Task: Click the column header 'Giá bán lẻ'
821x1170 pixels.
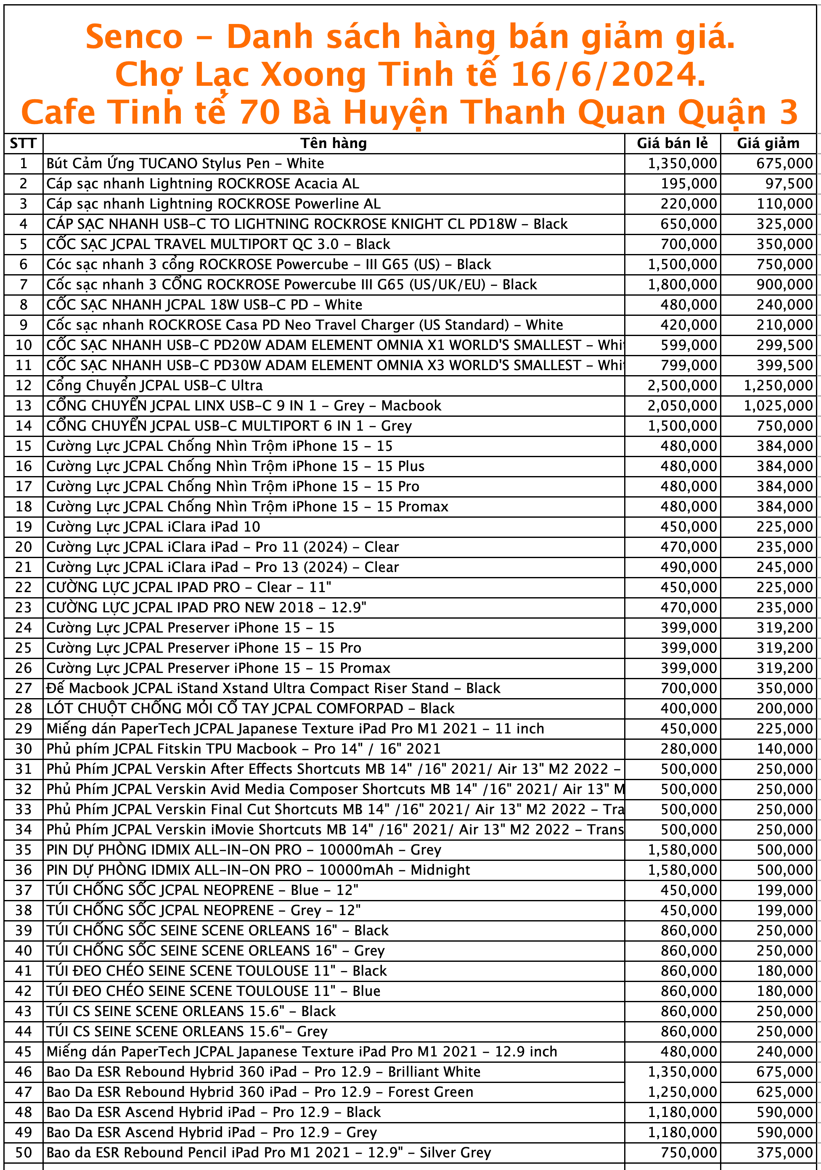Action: [672, 143]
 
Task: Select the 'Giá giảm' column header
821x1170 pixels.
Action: [768, 143]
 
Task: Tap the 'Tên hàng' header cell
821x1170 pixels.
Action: [333, 143]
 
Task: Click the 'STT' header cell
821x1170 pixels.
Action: [23, 143]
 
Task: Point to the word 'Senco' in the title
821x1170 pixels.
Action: [134, 37]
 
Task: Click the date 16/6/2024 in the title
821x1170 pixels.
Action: [608, 74]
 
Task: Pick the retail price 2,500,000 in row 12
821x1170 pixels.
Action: [682, 385]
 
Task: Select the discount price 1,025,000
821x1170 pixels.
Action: [778, 405]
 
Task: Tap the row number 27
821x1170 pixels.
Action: [24, 688]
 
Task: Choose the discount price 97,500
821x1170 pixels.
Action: [789, 183]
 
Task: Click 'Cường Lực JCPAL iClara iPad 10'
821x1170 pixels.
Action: [153, 527]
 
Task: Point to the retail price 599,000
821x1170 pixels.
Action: [689, 345]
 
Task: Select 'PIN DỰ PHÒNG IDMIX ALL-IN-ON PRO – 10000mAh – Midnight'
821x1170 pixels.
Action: [258, 870]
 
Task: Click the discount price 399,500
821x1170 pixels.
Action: [784, 365]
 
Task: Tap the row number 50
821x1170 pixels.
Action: [24, 1152]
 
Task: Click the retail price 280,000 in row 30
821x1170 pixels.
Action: [689, 749]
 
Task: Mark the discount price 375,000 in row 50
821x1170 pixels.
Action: [784, 1152]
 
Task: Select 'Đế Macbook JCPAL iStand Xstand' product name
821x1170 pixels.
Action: [273, 688]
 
